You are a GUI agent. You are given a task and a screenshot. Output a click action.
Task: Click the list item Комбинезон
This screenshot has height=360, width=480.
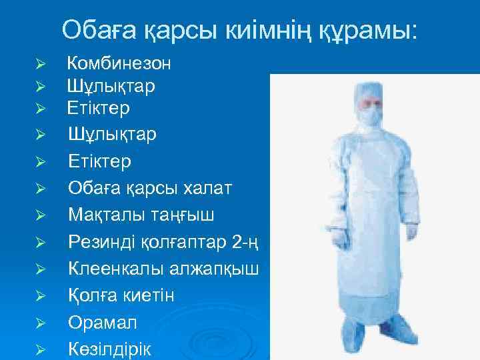(x=119, y=64)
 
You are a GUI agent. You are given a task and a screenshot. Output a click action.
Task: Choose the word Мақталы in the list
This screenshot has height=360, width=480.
(x=106, y=215)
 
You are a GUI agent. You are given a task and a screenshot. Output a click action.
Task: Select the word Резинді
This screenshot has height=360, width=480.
(x=105, y=243)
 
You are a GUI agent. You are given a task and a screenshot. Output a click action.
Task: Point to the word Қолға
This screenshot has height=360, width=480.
(x=91, y=295)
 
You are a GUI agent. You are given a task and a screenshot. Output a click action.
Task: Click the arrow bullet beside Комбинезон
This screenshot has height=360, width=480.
(x=39, y=65)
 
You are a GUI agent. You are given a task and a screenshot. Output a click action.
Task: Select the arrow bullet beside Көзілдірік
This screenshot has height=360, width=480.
(x=39, y=349)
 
